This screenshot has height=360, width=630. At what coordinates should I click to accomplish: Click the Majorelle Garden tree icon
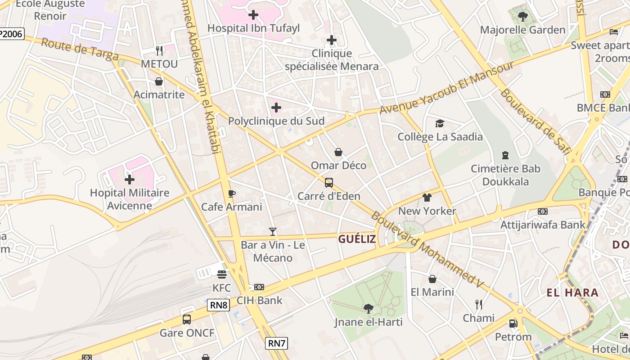pos(522,17)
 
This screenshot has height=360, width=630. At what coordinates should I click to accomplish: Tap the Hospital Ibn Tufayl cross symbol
pos(253,15)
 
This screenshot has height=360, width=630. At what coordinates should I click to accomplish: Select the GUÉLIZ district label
pos(357,239)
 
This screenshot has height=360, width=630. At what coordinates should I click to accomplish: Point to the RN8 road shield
pos(219,306)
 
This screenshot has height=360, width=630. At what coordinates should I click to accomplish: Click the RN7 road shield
pos(276,343)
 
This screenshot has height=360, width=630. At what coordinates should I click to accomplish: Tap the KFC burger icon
pos(221,274)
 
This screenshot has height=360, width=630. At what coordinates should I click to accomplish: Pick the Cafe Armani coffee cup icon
pos(231,193)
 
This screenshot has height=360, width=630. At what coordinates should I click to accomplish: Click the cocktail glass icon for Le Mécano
pos(272,232)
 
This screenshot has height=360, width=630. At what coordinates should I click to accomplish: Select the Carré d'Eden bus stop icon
pos(329,183)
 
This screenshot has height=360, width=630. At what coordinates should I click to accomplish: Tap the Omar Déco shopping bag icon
pos(338,152)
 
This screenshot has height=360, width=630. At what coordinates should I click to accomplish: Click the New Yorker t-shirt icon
pos(427,198)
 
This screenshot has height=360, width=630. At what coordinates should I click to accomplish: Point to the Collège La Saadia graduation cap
pos(440,123)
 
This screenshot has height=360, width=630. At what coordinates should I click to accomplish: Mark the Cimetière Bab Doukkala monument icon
pos(505,155)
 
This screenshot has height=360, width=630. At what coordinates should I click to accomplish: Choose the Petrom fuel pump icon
pos(513,323)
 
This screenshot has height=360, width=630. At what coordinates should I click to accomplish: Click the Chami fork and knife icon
pos(479,305)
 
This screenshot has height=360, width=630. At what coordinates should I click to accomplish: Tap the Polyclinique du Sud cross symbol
pos(276,108)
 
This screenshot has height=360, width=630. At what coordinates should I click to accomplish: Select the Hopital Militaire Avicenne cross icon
pos(130,180)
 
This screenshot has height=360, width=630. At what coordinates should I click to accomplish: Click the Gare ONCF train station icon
pos(187,319)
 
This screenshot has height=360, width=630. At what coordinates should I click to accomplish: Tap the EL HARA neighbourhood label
pos(572,293)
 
